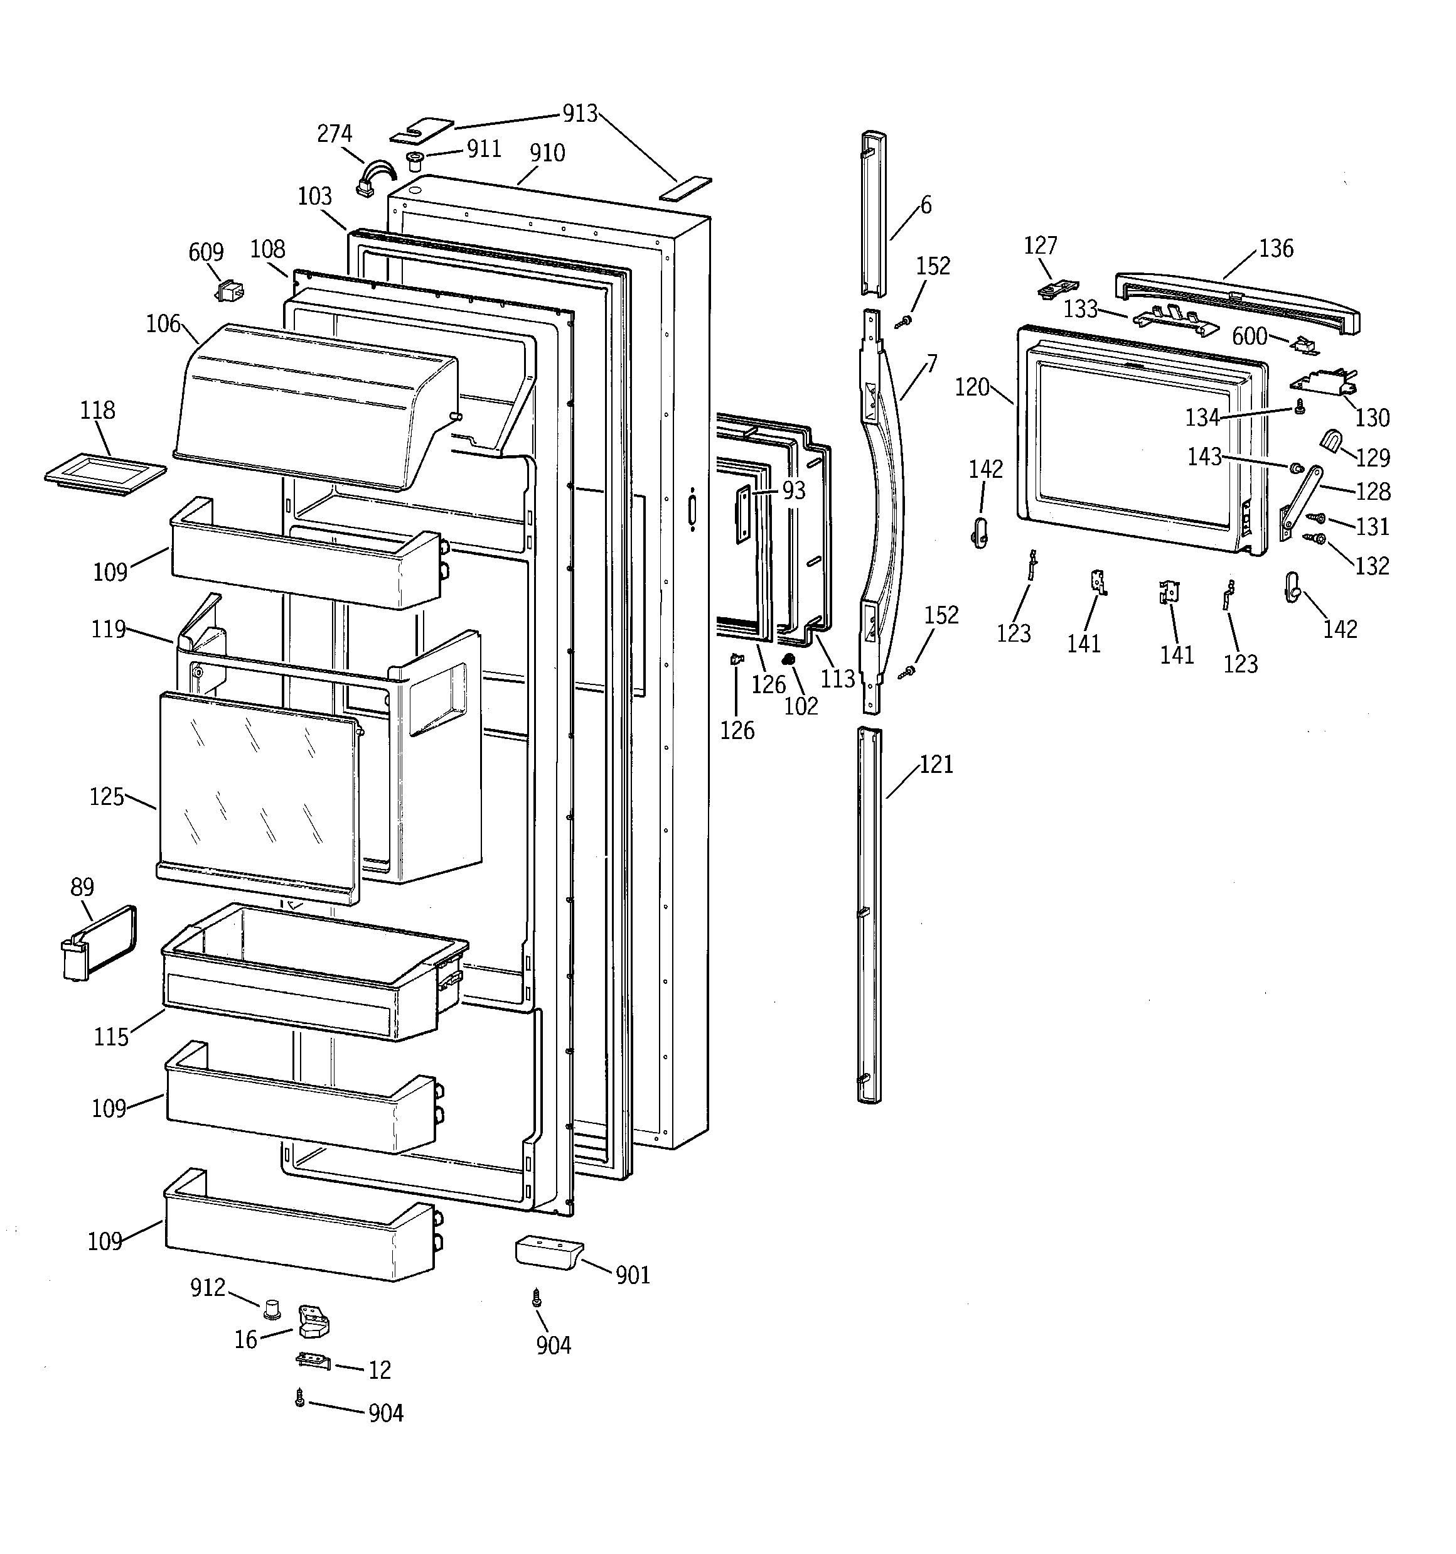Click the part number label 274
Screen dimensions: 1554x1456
click(x=334, y=134)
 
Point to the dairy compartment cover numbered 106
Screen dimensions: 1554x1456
click(x=313, y=406)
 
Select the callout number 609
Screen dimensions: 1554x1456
click(x=206, y=252)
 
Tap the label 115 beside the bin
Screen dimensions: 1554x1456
click(x=110, y=1037)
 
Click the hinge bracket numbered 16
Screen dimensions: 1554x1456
click(x=313, y=1322)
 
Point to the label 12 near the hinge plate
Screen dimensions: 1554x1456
click(x=380, y=1369)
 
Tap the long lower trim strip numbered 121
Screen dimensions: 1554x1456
click(x=869, y=915)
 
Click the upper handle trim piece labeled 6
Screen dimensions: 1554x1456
click(x=874, y=213)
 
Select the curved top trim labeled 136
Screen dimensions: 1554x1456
click(x=1235, y=301)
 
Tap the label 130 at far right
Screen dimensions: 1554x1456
click(x=1372, y=418)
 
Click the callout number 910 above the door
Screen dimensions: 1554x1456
click(x=547, y=153)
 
